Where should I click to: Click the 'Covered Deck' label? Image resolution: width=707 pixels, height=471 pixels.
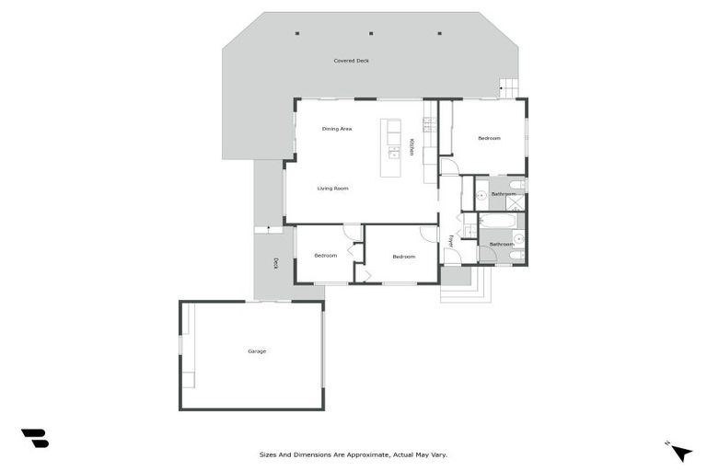click(351, 61)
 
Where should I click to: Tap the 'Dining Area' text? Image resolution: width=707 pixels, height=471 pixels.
click(337, 129)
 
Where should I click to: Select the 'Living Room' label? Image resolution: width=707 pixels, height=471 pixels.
click(332, 189)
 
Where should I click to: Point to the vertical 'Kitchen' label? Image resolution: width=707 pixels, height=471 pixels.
click(411, 147)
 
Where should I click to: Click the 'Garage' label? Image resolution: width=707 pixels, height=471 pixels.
click(257, 351)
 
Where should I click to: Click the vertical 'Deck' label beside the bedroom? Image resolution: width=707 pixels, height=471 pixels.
click(275, 263)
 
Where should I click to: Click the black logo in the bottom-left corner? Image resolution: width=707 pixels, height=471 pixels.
click(34, 439)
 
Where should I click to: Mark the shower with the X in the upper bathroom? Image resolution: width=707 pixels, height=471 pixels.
click(516, 202)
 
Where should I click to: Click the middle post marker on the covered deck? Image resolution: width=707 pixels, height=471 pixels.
click(369, 33)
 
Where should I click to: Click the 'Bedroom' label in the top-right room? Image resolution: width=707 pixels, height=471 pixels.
click(489, 138)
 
